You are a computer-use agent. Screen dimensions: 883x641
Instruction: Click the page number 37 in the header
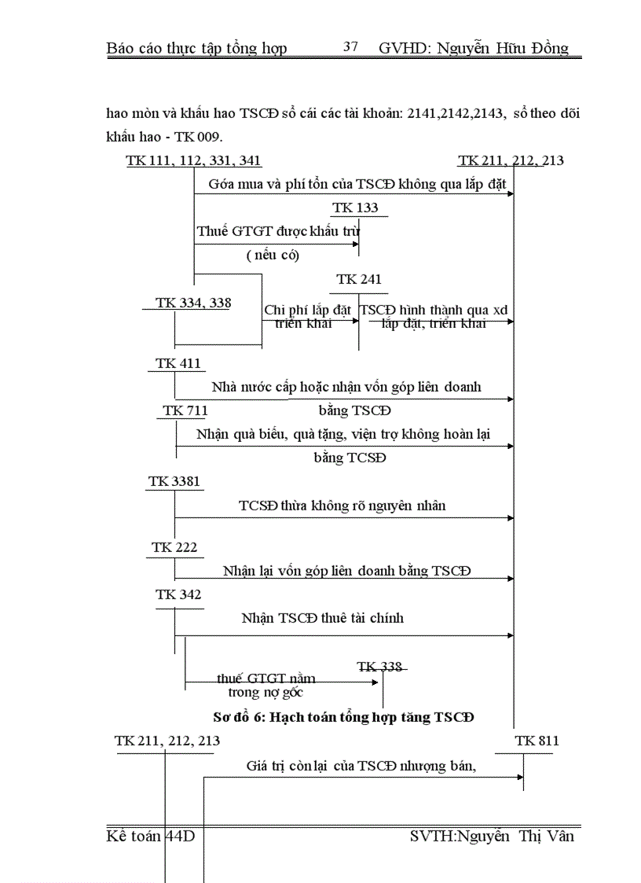(350, 47)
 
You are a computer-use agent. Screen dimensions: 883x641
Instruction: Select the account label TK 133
(355, 208)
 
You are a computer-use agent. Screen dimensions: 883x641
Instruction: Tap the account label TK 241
(359, 280)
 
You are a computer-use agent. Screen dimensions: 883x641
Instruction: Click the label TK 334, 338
(192, 304)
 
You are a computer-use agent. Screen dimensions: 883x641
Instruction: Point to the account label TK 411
(178, 363)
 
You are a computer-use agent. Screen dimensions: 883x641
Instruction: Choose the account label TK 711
(185, 410)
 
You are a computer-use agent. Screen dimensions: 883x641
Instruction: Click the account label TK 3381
(174, 481)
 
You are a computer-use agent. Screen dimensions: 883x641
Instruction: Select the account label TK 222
(174, 547)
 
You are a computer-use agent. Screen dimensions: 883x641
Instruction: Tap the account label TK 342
(178, 594)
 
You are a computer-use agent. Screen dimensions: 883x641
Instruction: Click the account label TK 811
(537, 741)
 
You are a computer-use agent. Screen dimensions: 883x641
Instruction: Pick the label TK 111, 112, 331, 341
(193, 161)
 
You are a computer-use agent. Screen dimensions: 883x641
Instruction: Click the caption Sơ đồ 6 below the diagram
(343, 717)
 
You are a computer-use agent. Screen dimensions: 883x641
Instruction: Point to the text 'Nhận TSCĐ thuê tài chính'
(322, 618)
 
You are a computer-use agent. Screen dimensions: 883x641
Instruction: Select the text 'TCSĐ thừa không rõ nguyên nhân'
(342, 506)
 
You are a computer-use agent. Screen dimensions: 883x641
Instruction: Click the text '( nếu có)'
(273, 255)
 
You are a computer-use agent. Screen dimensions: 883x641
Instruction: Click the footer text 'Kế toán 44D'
(151, 836)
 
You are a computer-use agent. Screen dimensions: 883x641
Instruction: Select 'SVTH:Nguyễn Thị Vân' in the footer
(492, 836)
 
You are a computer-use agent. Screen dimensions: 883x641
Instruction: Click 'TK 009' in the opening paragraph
(188, 136)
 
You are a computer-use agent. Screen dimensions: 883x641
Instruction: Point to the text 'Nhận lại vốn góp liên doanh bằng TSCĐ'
(346, 571)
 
